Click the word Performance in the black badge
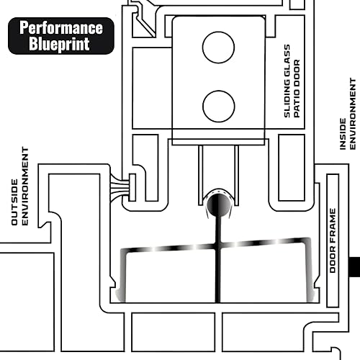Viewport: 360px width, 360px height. click(x=60, y=29)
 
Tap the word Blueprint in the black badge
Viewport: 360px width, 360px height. click(x=60, y=43)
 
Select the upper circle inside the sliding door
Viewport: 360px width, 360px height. click(x=218, y=48)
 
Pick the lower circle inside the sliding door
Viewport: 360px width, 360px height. click(x=218, y=107)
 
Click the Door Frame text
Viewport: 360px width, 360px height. click(x=333, y=240)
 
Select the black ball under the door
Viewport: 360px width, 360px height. click(x=218, y=205)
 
